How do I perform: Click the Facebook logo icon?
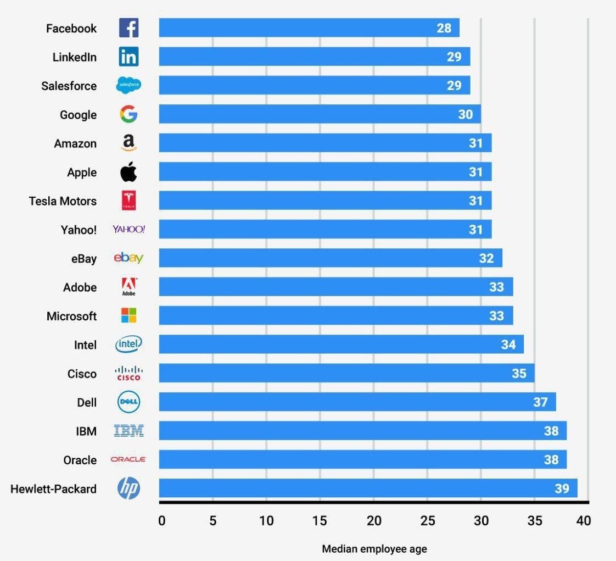(x=128, y=28)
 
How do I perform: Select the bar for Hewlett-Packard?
(x=368, y=488)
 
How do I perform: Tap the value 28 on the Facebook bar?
(x=444, y=28)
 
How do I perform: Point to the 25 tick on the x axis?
(x=427, y=520)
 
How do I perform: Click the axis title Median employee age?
(x=374, y=548)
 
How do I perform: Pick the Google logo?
(x=128, y=114)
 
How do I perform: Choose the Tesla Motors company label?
(x=63, y=201)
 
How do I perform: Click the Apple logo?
(x=128, y=172)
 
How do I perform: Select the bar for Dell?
(x=357, y=402)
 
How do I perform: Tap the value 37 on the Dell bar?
(x=540, y=402)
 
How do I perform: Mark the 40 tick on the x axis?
(x=584, y=520)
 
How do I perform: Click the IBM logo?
(x=129, y=431)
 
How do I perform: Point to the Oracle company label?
(x=80, y=460)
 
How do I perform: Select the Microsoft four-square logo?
(x=128, y=315)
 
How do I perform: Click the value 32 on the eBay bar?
(x=486, y=258)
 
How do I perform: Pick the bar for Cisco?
(x=346, y=373)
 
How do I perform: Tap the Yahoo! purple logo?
(x=128, y=229)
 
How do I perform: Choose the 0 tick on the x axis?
(x=161, y=520)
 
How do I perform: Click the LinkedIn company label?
(x=74, y=57)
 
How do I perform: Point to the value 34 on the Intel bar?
(x=508, y=345)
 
